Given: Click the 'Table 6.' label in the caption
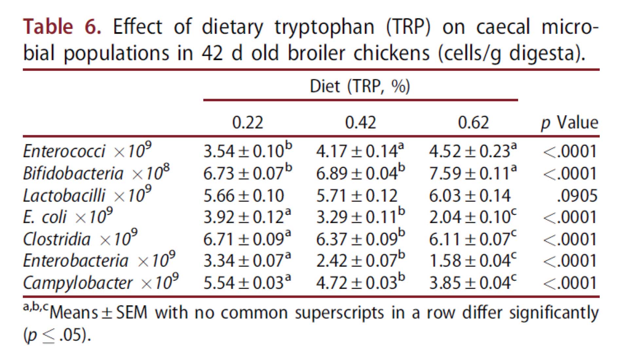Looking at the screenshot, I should click(62, 27).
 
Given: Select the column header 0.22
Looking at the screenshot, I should click(247, 123).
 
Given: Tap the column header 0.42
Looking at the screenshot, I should click(360, 123).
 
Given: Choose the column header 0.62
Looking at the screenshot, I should click(473, 123).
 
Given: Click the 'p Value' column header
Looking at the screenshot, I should click(570, 123).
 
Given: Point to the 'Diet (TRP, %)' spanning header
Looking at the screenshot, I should click(360, 86).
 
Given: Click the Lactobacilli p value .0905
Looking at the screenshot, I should click(577, 196).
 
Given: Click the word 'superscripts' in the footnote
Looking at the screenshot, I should click(339, 313).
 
